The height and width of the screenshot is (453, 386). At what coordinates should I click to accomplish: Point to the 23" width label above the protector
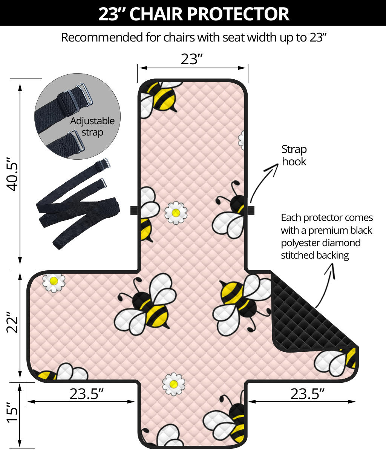click(x=192, y=59)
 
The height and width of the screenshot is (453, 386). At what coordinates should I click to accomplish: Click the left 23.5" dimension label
click(x=86, y=394)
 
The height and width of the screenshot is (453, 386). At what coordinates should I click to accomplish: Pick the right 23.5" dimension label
click(x=307, y=394)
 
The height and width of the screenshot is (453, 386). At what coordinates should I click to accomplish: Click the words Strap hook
click(x=294, y=155)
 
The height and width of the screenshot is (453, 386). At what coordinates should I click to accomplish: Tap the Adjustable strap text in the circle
click(x=92, y=126)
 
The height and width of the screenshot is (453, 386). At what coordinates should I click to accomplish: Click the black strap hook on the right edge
click(x=251, y=210)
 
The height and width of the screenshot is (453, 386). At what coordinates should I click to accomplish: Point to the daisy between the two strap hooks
click(x=175, y=213)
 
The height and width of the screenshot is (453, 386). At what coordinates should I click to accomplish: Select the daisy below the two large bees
click(x=173, y=384)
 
